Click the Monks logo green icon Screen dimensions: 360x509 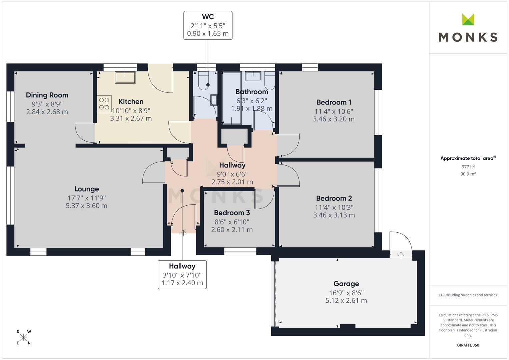[468, 19]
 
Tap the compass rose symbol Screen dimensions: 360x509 [23, 337]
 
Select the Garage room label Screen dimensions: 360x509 [346, 284]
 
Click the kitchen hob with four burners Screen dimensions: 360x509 [104, 103]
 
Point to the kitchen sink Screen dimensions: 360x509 [125, 78]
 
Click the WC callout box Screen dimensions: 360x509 [208, 25]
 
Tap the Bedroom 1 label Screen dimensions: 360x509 [334, 102]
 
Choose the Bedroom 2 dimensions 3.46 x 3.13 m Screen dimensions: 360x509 [334, 215]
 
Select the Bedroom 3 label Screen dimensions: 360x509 [232, 213]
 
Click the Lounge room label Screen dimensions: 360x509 [86, 189]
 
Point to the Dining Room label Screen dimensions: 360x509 [47, 95]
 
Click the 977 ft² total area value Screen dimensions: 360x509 [468, 167]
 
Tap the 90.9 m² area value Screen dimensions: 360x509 [468, 174]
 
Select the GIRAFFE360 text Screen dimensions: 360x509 [468, 345]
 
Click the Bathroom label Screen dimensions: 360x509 [252, 92]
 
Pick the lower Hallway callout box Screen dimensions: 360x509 [182, 274]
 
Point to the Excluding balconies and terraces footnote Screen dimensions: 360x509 [468, 295]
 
